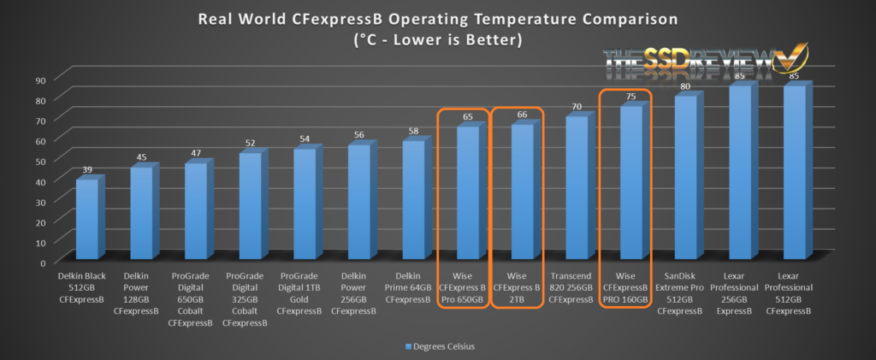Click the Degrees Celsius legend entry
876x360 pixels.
(438, 346)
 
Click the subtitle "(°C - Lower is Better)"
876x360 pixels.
(438, 38)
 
